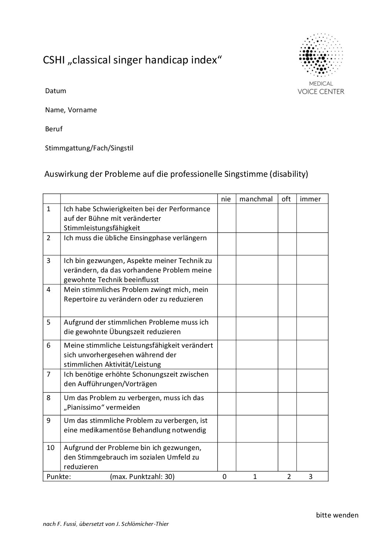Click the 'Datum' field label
(56, 91)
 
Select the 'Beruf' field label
(54, 129)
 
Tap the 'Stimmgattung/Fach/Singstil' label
(89, 148)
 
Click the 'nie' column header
(226, 199)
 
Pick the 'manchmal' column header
(256, 199)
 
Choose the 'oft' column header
(286, 199)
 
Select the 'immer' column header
(310, 199)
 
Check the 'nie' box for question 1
(227, 218)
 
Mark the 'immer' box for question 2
(312, 244)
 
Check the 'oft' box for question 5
(287, 329)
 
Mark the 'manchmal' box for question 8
(257, 404)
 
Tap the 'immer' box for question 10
(312, 457)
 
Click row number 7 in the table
(49, 374)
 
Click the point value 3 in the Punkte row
(311, 477)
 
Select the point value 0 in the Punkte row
(224, 477)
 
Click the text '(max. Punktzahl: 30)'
(142, 477)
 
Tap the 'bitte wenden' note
(337, 515)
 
